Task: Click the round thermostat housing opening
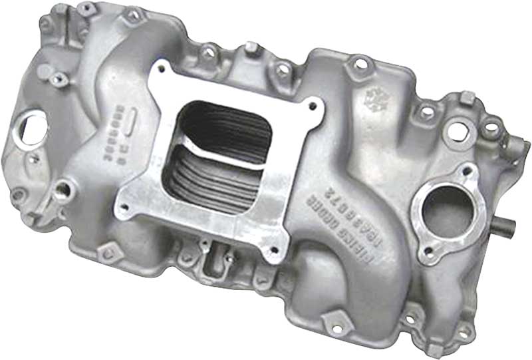446,208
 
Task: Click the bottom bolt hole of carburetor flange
273,252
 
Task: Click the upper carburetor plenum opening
226,124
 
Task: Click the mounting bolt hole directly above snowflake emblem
360,64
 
